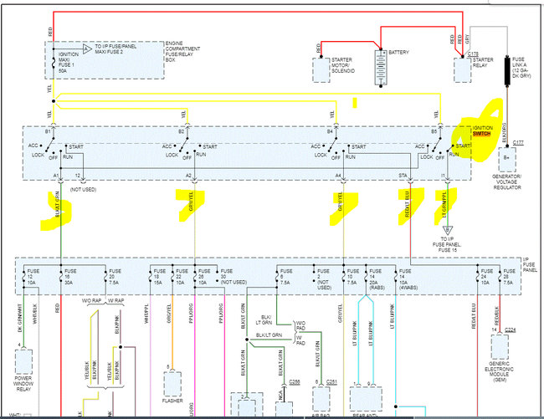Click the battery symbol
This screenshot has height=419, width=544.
click(381, 65)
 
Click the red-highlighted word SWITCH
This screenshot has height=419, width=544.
click(482, 134)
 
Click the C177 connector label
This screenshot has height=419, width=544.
click(519, 143)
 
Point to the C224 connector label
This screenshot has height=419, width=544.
click(511, 330)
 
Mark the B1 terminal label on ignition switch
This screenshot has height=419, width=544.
click(49, 132)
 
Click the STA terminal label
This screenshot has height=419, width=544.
click(403, 176)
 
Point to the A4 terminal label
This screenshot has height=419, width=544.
click(338, 176)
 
